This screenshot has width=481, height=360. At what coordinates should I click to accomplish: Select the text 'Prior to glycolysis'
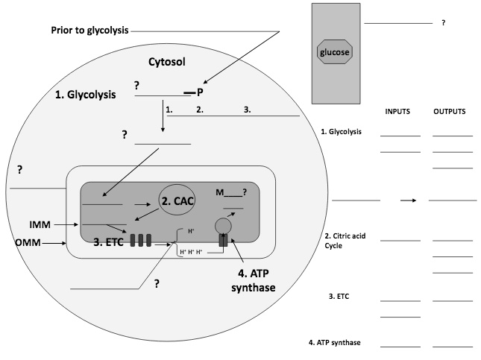pos(89,31)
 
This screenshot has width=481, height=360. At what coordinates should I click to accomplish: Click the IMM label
pos(40,224)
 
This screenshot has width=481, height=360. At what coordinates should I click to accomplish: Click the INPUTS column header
pos(399,111)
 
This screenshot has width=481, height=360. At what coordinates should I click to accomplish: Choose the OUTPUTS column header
pos(450,111)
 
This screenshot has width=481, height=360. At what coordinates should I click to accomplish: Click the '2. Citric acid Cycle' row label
pos(339,241)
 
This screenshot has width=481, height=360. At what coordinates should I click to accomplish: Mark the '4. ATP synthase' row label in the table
pos(336,343)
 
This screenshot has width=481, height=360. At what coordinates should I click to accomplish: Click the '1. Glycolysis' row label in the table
pos(341,132)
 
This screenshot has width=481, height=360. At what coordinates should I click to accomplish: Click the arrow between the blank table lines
pos(407,200)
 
